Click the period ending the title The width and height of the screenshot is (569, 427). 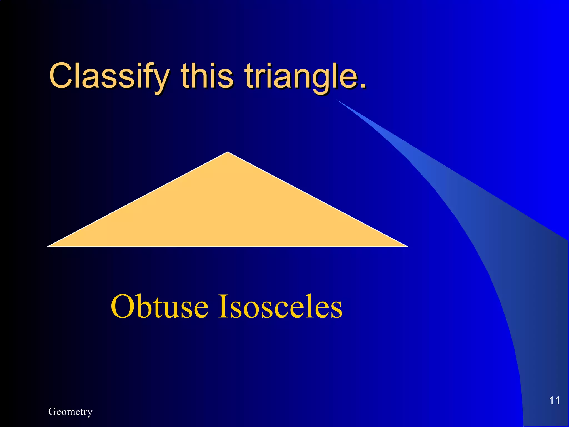coord(363,85)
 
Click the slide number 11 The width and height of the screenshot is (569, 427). coord(554,401)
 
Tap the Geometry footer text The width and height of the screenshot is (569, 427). coord(70,412)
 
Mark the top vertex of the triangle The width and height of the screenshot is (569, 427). coord(228,152)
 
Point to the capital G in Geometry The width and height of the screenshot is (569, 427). coord(52,411)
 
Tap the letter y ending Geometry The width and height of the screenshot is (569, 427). coord(90,413)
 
